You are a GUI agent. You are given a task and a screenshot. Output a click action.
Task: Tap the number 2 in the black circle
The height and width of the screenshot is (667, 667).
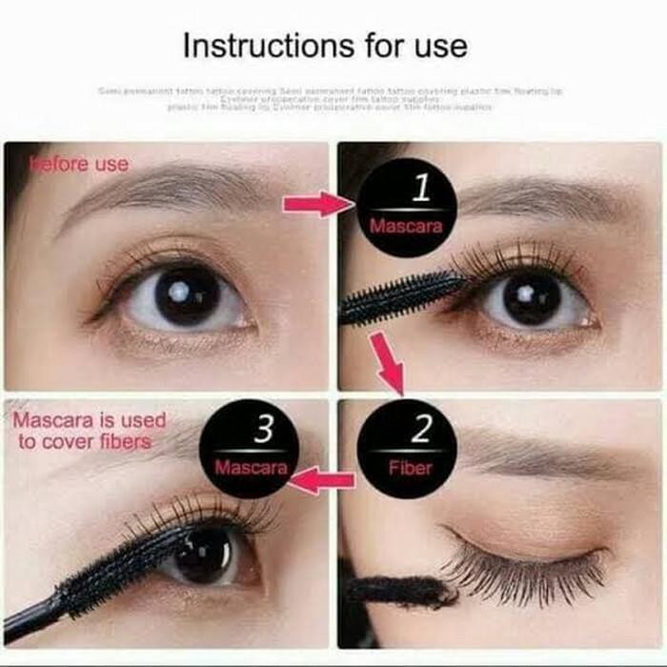(x=420, y=430)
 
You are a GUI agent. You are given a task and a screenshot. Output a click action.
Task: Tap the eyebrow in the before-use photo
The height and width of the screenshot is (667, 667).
(x=162, y=190)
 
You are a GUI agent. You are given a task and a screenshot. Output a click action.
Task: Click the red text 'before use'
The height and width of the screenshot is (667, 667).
(x=80, y=164)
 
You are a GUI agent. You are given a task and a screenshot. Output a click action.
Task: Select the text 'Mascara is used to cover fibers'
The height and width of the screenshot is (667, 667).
(x=91, y=430)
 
